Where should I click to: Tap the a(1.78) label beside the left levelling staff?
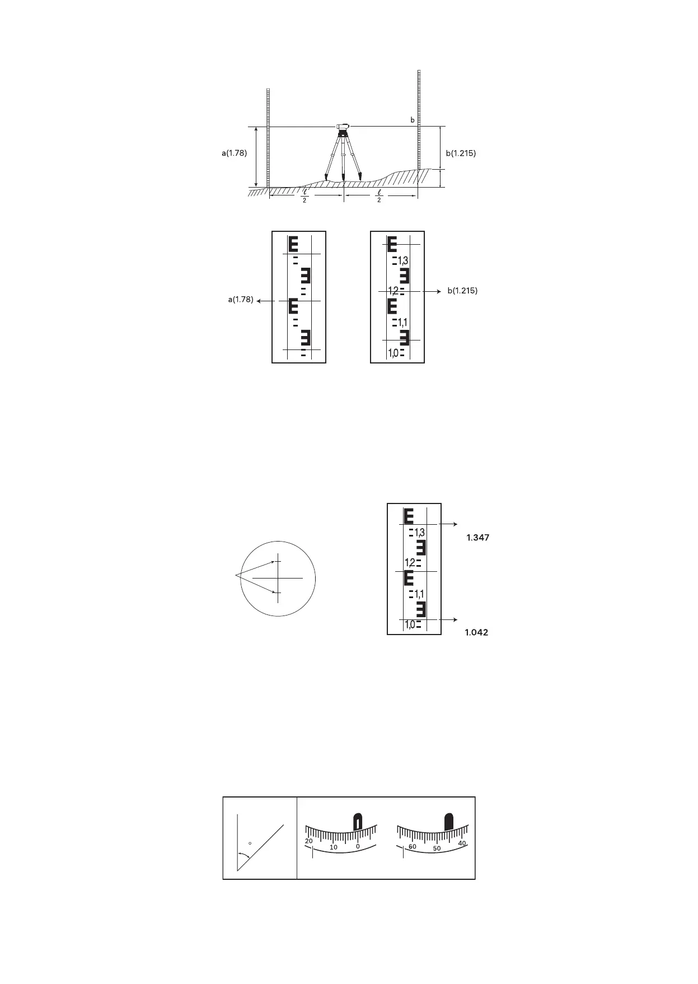tap(234, 153)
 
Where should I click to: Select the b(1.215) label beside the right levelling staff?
tap(461, 153)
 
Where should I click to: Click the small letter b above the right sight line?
tap(413, 120)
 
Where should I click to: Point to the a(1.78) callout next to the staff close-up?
tap(240, 300)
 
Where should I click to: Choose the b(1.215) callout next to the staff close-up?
tap(462, 291)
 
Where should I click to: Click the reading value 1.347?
tap(478, 538)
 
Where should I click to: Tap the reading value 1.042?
tap(476, 632)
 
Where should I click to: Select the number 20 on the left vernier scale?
tap(308, 842)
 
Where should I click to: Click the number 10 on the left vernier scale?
tap(334, 847)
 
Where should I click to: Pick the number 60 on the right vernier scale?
tap(413, 847)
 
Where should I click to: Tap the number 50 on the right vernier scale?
tap(437, 848)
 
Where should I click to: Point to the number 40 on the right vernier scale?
tap(462, 843)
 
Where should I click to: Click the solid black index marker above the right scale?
tap(448, 822)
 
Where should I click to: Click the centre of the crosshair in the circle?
tap(278, 577)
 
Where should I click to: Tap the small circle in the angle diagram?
tap(250, 843)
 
